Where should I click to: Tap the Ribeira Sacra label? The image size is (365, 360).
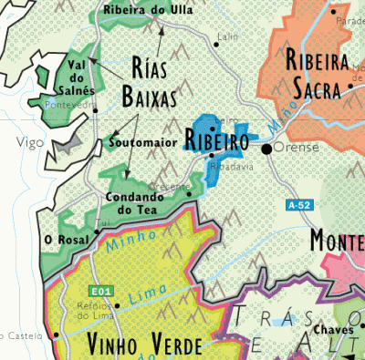[318, 75]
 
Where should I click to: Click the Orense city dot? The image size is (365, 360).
[266, 148]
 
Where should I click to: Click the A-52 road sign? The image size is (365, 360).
[300, 206]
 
